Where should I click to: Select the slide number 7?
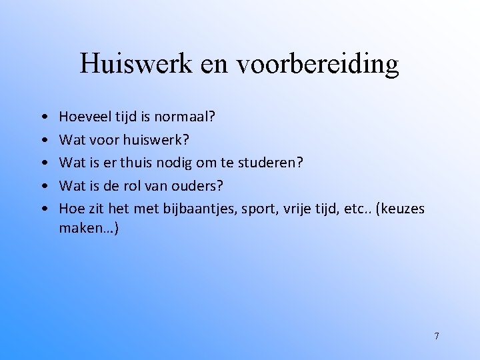[x=437, y=336]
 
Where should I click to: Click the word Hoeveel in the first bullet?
[x=83, y=117]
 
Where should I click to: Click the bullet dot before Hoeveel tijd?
[x=43, y=118]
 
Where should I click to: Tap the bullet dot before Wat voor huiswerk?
[x=43, y=141]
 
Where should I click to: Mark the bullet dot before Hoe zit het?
[x=43, y=209]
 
